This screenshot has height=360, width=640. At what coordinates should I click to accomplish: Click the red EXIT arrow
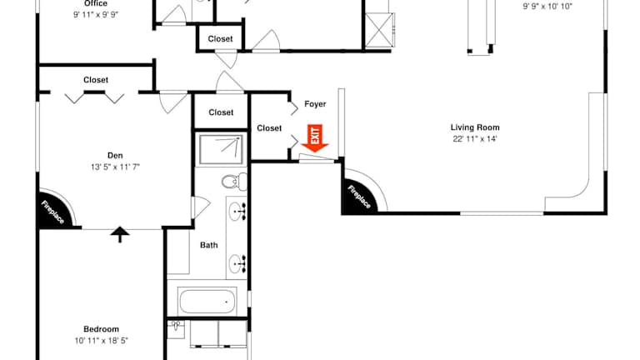click(315, 138)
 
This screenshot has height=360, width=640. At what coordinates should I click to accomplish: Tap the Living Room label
click(475, 127)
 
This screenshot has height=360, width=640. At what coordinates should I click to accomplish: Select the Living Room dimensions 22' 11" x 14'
click(475, 139)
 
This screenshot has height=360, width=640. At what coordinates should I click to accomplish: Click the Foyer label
click(315, 104)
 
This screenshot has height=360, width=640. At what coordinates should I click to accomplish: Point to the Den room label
click(115, 156)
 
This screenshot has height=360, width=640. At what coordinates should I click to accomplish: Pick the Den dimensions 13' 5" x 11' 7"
click(115, 167)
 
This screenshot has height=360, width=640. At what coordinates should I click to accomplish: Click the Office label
click(96, 3)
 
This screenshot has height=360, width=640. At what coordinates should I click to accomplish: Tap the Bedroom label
click(101, 329)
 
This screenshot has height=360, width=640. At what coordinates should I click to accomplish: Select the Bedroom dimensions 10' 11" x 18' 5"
click(101, 340)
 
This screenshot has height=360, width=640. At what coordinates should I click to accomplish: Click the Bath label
click(208, 245)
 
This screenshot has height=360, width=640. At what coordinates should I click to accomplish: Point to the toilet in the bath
click(234, 182)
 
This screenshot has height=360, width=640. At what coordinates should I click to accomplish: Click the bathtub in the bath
click(207, 301)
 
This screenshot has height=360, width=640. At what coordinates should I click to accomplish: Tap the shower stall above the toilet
click(221, 148)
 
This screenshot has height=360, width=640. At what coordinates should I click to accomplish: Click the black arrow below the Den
click(120, 235)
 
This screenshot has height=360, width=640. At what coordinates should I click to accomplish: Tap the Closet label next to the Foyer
click(269, 128)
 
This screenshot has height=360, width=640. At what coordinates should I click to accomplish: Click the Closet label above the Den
click(96, 80)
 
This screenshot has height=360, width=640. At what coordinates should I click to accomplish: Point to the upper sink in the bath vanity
click(237, 212)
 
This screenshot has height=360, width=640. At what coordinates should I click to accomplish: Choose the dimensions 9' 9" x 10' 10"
click(547, 7)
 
